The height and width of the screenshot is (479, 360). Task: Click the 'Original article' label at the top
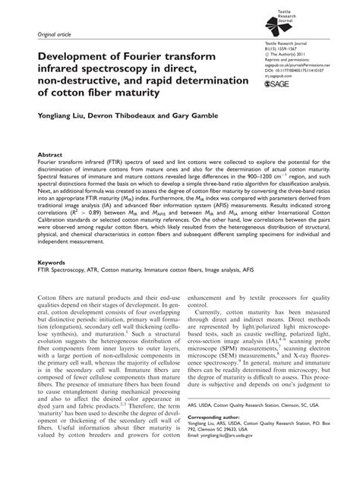(52, 35)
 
